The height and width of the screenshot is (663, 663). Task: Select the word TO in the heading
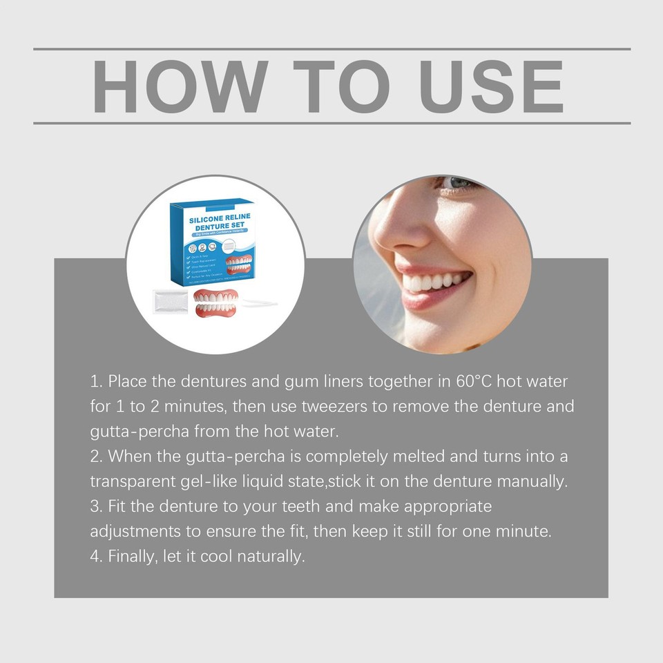pyautogui.click(x=338, y=86)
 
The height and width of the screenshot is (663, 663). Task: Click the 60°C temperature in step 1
pyautogui.click(x=476, y=382)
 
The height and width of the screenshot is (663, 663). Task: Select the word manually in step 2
pyautogui.click(x=538, y=481)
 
